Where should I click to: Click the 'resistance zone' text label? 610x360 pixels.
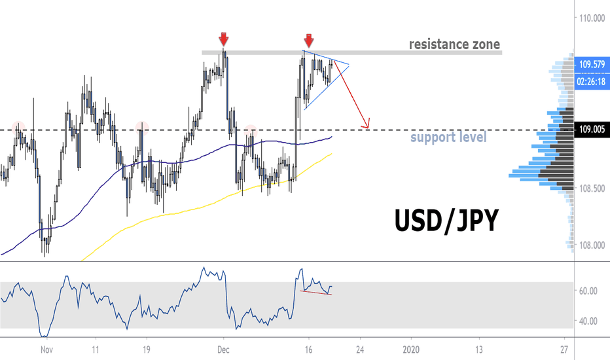pyautogui.click(x=454, y=45)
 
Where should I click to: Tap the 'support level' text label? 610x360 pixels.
pyautogui.click(x=448, y=138)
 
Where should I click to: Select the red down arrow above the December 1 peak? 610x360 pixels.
pyautogui.click(x=224, y=37)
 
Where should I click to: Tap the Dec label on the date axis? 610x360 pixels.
pyautogui.click(x=223, y=350)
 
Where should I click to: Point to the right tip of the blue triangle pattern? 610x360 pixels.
pyautogui.click(x=349, y=65)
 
